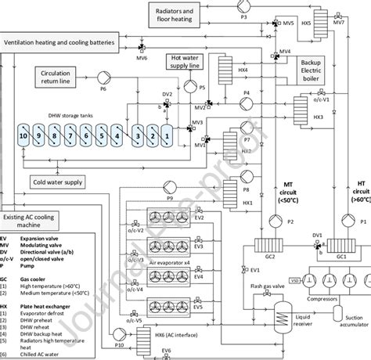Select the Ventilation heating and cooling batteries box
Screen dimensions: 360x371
point(59,41)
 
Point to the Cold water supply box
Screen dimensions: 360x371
point(57,182)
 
